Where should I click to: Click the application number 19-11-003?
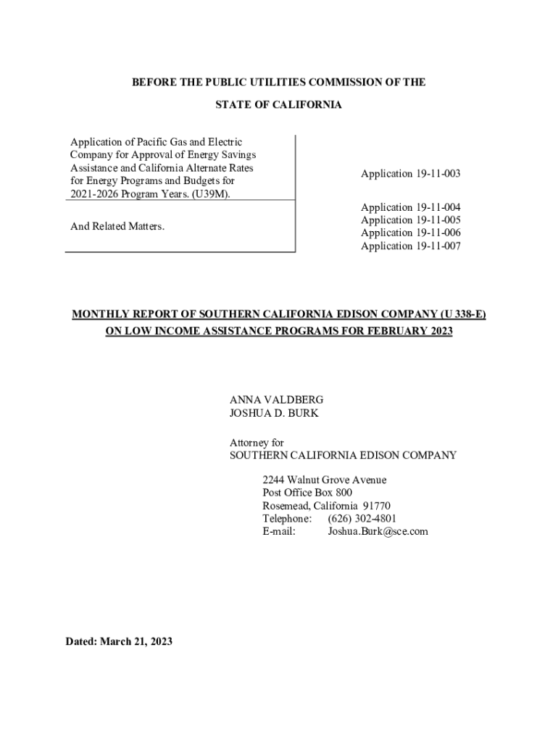438,174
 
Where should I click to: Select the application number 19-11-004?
438,207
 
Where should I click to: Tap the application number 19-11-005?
438,220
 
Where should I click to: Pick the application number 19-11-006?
438,233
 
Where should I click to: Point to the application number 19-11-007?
438,246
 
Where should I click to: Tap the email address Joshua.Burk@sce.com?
378,532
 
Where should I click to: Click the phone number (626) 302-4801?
362,519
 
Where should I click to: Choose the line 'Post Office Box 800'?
307,493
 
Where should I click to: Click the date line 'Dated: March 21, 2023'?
119,642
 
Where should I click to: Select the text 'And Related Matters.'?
117,227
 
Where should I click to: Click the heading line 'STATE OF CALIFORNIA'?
278,106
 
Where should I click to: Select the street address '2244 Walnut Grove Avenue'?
324,480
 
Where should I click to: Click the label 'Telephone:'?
287,519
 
